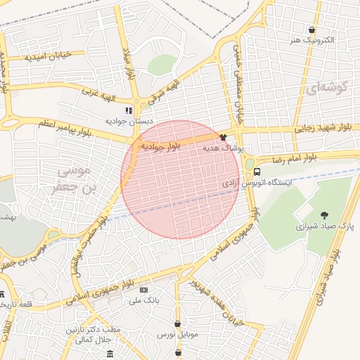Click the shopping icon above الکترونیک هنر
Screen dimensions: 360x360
pyautogui.click(x=311, y=30)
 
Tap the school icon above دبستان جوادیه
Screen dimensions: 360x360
pyautogui.click(x=128, y=110)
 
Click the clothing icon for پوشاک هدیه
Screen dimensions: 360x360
pyautogui.click(x=224, y=138)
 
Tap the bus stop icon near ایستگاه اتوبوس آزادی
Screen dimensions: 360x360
pyautogui.click(x=257, y=172)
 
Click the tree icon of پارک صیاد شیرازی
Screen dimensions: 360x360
pyautogui.click(x=324, y=214)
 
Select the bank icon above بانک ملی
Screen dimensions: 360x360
pyautogui.click(x=143, y=290)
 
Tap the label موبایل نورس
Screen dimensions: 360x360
pyautogui.click(x=178, y=335)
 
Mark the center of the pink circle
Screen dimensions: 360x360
pyautogui.click(x=180, y=179)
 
